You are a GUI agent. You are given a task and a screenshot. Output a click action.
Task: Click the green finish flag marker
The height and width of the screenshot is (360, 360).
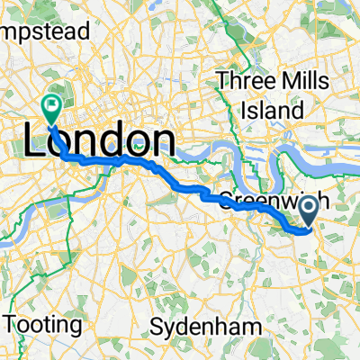pos(52,106)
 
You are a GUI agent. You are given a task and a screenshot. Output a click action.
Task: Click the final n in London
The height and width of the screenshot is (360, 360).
pos(162,142)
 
